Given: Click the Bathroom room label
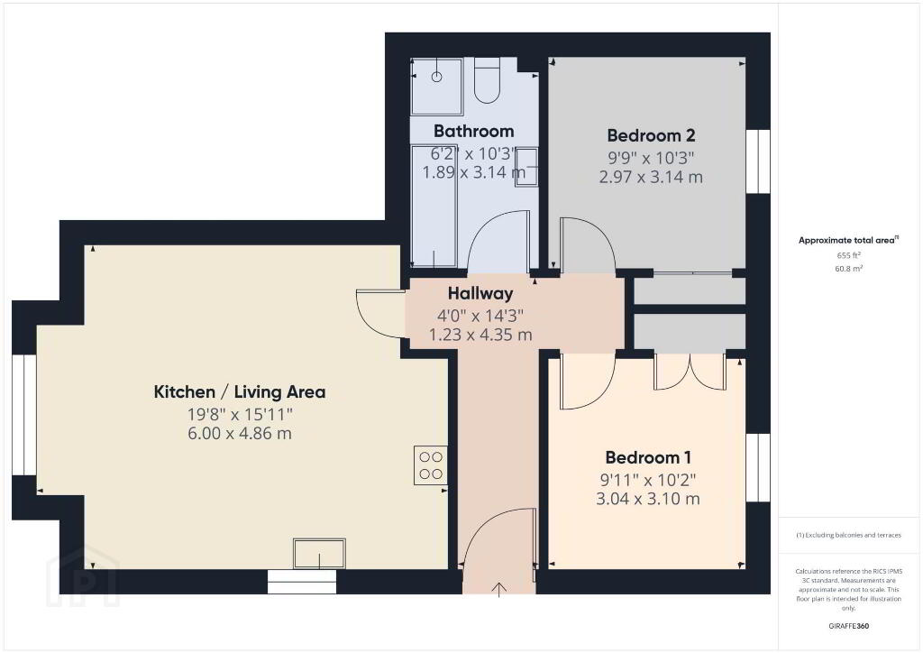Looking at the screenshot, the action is [x=473, y=131].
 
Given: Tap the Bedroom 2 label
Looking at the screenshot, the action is [x=651, y=135].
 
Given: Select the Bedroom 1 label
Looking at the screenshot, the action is [x=648, y=457].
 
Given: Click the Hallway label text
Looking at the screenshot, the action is [x=480, y=293].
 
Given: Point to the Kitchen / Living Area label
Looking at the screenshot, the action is [x=240, y=392].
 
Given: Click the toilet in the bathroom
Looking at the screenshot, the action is [x=487, y=80].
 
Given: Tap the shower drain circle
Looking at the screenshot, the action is [x=436, y=77].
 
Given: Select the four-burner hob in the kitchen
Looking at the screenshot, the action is [x=430, y=465].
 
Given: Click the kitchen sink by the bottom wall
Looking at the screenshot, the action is [x=319, y=554].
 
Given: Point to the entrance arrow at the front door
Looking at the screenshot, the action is [x=499, y=589].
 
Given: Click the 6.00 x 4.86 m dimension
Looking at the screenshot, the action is [x=240, y=434].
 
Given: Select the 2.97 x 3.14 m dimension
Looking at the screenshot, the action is [x=651, y=178].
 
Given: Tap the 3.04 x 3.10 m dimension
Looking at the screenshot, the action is [x=648, y=500].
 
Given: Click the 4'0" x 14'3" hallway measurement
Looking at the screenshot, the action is [x=480, y=317].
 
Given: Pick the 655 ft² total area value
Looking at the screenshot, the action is [x=849, y=255].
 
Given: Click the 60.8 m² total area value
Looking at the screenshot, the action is [x=849, y=269].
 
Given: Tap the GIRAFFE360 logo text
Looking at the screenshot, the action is [x=849, y=626].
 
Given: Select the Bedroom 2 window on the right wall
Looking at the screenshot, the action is [x=758, y=161].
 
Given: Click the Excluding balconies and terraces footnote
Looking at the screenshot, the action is [x=849, y=535].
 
